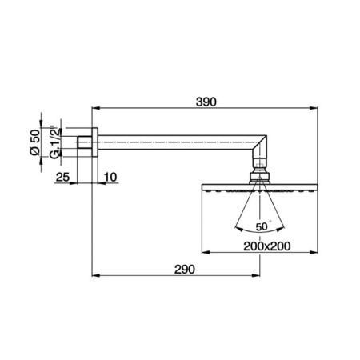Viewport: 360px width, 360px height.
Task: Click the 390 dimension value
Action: pyautogui.click(x=206, y=102)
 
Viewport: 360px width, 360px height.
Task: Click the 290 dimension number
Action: pyautogui.click(x=185, y=270)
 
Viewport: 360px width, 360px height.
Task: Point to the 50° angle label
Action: pyautogui.click(x=263, y=226)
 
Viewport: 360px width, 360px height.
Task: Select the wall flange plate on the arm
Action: pyautogui.click(x=94, y=144)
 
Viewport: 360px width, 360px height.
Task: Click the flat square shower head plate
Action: pyautogui.click(x=256, y=189)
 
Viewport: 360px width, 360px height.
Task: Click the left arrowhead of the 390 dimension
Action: pyautogui.click(x=95, y=108)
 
